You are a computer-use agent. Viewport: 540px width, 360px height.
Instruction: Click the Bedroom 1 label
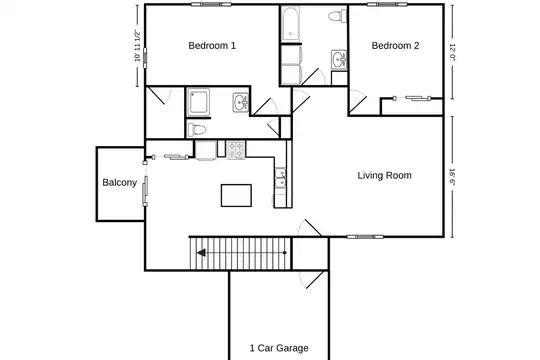(212, 45)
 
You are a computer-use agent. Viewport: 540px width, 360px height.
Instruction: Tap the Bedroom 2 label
(395, 45)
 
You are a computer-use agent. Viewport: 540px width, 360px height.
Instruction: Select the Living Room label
(384, 175)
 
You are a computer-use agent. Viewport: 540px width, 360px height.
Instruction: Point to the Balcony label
(120, 183)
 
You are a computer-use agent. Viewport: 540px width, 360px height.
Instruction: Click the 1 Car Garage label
(279, 348)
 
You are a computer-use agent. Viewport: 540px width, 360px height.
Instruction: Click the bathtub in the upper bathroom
(291, 24)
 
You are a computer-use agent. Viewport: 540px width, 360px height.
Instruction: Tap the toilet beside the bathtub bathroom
(337, 16)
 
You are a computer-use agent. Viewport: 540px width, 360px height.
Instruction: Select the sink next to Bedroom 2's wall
(339, 60)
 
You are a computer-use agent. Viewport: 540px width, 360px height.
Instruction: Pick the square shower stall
(198, 102)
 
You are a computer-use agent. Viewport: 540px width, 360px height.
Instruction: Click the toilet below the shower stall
(197, 130)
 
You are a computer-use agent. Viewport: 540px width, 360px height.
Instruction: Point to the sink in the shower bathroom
(240, 102)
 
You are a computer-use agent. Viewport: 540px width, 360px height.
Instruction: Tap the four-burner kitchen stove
(236, 150)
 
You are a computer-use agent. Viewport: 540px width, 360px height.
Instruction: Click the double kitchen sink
(281, 178)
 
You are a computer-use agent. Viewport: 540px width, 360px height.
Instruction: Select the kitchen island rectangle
(236, 196)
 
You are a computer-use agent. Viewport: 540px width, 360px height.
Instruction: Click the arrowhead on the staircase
(201, 253)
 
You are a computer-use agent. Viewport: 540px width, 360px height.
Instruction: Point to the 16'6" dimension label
(452, 177)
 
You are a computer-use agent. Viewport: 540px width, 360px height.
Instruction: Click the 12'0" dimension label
(452, 52)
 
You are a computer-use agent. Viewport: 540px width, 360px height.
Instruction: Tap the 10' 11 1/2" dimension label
(137, 46)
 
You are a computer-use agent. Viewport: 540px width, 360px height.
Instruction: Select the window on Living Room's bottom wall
(365, 237)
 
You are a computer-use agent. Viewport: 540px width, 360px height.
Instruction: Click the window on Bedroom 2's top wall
(387, 4)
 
